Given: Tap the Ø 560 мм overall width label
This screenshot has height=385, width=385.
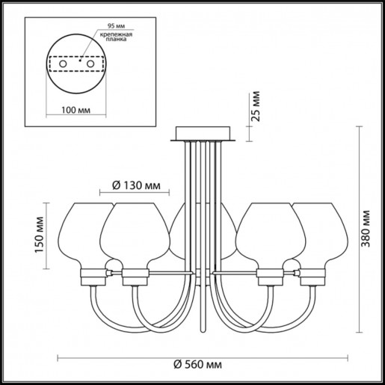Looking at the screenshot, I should click(x=194, y=365).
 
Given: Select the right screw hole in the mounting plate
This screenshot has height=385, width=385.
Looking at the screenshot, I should click(x=90, y=66).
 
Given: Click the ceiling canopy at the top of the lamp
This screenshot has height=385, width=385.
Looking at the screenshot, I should click(x=204, y=135).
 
